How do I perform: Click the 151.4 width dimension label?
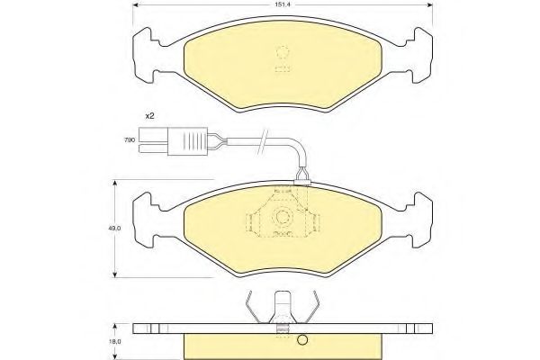[283, 4]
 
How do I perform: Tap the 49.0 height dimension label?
[115, 228]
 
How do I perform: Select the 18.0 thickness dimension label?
[115, 342]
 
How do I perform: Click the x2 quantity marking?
[149, 116]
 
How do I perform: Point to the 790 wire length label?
[130, 140]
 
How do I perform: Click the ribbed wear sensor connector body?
[188, 141]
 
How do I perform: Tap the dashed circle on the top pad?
[283, 52]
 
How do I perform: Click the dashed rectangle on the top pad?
[283, 68]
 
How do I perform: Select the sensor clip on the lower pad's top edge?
[302, 183]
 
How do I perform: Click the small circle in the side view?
[302, 339]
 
